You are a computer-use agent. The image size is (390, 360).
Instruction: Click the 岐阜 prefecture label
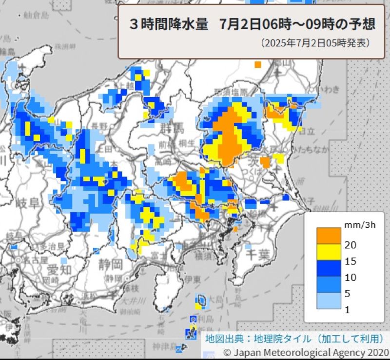27,203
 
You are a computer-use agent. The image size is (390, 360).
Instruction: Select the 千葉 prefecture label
257,254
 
